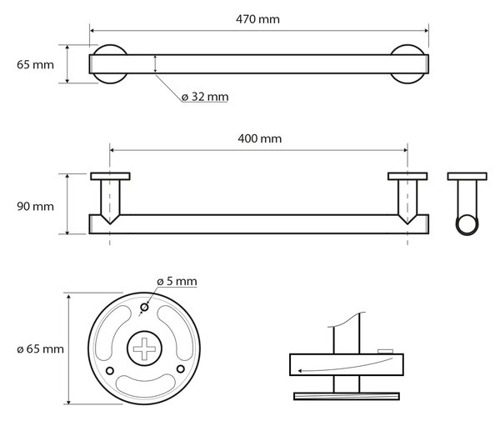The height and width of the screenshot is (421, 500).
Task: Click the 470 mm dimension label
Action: point(257,19)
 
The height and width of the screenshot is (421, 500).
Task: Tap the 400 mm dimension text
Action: point(259,138)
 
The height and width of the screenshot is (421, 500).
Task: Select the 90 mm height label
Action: point(35,207)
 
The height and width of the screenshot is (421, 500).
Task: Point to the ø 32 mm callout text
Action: point(205,97)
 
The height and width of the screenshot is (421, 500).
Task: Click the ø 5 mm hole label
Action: point(177,281)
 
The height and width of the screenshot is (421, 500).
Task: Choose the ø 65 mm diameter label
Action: point(40,349)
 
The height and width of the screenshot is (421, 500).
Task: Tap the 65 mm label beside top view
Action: point(35,65)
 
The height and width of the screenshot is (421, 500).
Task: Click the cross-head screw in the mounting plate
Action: point(144,348)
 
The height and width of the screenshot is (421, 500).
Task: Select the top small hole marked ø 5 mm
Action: point(144,308)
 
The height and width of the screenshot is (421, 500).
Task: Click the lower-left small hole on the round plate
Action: point(110,371)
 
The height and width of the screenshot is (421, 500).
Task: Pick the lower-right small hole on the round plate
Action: point(181,369)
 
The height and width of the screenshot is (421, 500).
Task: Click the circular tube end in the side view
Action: point(467,225)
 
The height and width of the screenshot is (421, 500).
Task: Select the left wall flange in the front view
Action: point(110,177)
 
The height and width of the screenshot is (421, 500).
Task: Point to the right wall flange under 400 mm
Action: point(407,177)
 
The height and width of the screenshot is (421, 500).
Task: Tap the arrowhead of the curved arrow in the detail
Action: point(300,371)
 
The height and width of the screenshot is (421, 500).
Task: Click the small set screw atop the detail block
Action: point(385,352)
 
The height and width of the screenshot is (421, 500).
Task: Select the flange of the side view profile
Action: point(467,177)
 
